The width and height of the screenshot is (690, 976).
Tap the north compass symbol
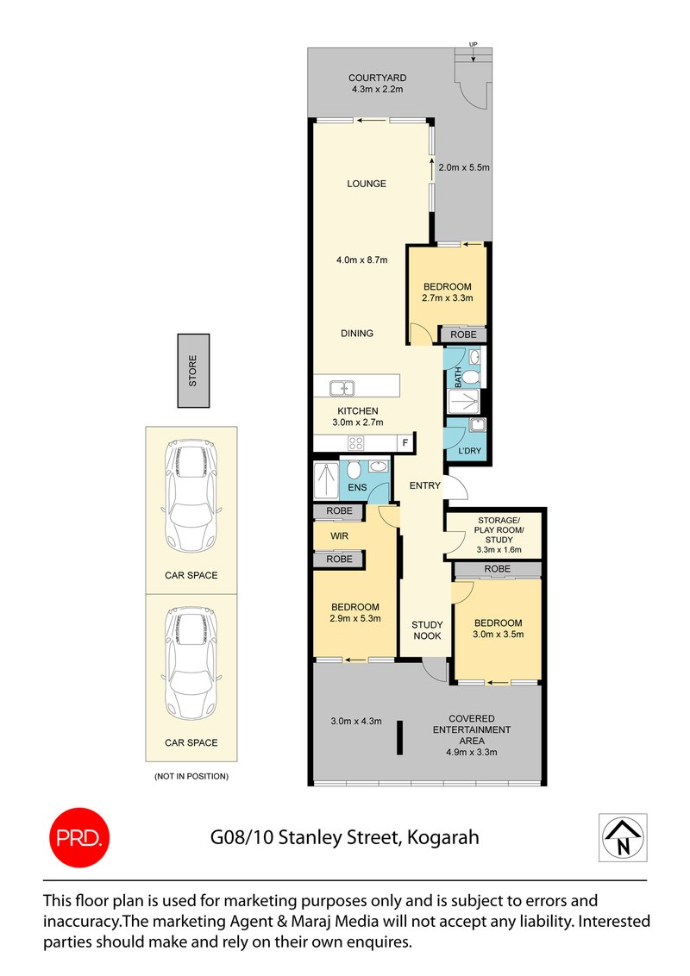pyautogui.click(x=622, y=837)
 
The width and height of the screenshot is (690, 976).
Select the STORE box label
pyautogui.click(x=193, y=371)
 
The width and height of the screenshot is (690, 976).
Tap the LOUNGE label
pyautogui.click(x=367, y=184)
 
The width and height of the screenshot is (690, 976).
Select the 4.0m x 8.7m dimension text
pyautogui.click(x=362, y=260)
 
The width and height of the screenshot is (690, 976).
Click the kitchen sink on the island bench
pyautogui.click(x=342, y=387)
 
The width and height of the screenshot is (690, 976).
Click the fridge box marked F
pyautogui.click(x=404, y=443)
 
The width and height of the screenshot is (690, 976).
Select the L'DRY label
pyautogui.click(x=469, y=451)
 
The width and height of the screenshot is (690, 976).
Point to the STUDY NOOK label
pyautogui.click(x=426, y=630)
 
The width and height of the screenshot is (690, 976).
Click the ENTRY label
pyautogui.click(x=425, y=485)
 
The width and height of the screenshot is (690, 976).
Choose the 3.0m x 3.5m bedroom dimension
pyautogui.click(x=498, y=635)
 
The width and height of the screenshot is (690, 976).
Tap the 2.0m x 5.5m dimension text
pyautogui.click(x=463, y=167)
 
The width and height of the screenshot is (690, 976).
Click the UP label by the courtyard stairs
pyautogui.click(x=473, y=43)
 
